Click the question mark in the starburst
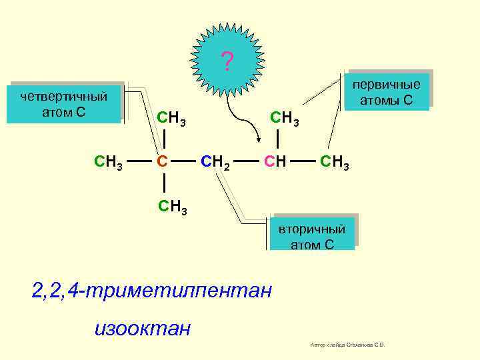point(227,63)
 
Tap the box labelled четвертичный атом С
point(63,103)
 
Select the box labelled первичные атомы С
point(387,92)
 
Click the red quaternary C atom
point(161,161)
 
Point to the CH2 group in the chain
point(215,161)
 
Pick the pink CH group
point(275,161)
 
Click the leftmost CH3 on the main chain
point(108,161)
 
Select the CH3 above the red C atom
point(171,119)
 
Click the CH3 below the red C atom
point(172,207)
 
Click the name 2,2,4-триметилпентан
point(152,291)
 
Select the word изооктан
point(143,328)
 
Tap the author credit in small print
point(348,345)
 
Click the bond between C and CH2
point(185,161)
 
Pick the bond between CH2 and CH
point(246,161)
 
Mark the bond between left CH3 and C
point(137,161)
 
